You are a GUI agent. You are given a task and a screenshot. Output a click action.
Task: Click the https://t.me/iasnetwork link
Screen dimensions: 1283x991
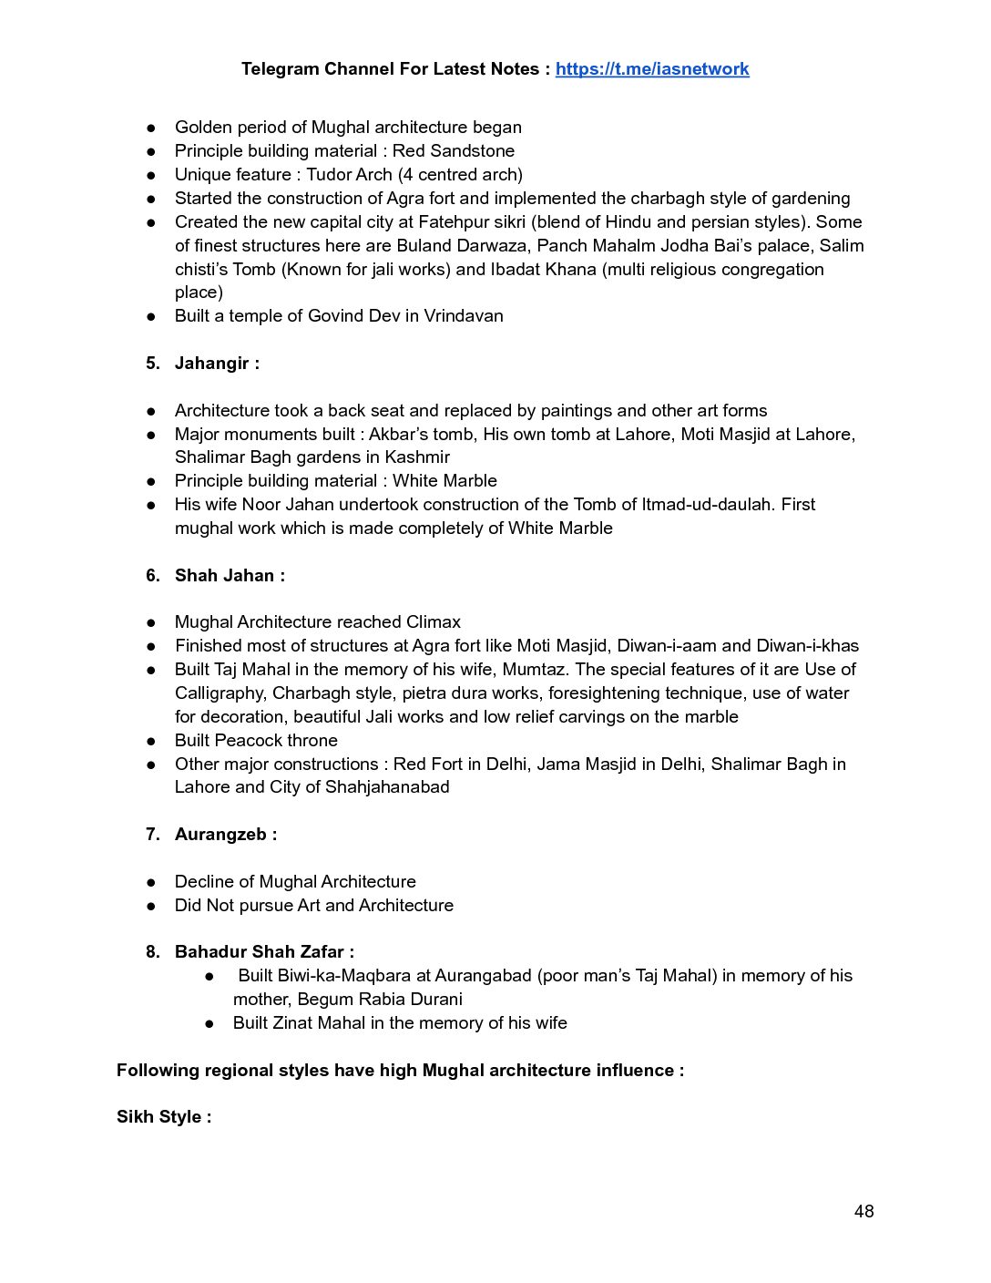(x=652, y=69)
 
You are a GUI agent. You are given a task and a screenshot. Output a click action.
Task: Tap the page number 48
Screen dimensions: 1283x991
(x=863, y=1211)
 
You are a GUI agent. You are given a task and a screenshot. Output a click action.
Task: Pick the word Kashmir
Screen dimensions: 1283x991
(x=417, y=457)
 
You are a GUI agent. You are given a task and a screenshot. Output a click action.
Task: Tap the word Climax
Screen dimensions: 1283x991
(x=434, y=622)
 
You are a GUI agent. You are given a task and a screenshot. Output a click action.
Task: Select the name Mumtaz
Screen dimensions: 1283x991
(x=534, y=670)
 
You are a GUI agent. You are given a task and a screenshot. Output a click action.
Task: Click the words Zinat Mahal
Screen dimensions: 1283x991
(x=320, y=1023)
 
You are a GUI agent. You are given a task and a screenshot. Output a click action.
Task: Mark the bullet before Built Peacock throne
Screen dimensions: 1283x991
(x=151, y=741)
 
